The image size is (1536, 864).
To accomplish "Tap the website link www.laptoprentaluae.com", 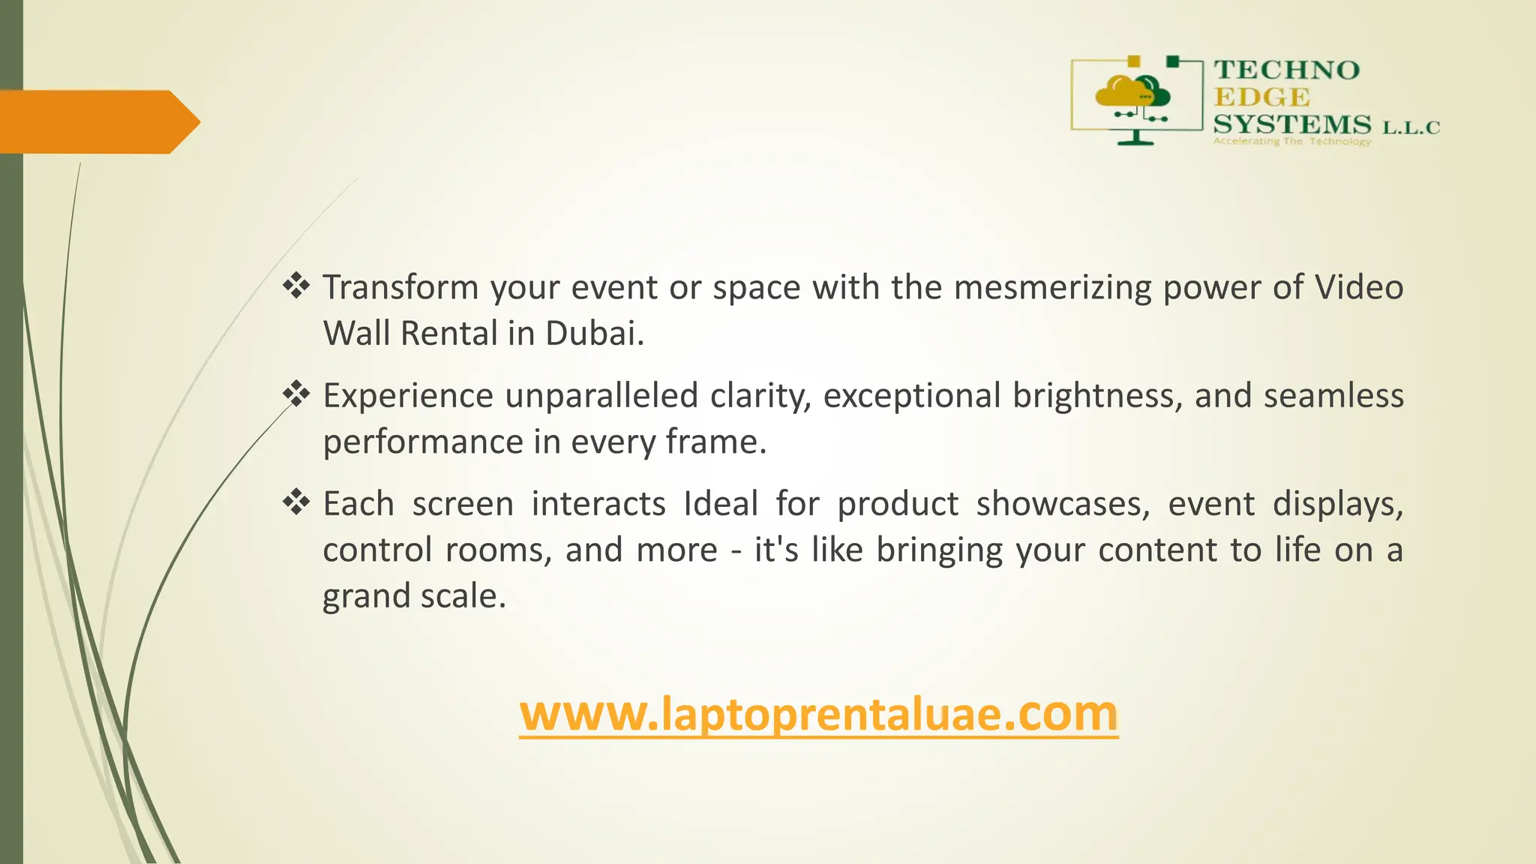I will pyautogui.click(x=818, y=714).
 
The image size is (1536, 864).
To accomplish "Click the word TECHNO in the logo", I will pyautogui.click(x=1286, y=70).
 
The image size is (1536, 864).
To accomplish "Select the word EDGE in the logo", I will pyautogui.click(x=1261, y=97).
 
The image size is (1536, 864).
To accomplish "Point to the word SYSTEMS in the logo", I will pyautogui.click(x=1292, y=124).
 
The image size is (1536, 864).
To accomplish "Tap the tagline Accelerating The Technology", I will pyautogui.click(x=1291, y=142).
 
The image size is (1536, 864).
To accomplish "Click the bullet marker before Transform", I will pyautogui.click(x=296, y=286).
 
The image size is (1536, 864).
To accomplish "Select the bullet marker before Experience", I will pyautogui.click(x=296, y=394).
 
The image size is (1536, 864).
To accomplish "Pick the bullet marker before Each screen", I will pyautogui.click(x=296, y=502).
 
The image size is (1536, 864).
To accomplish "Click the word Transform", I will pyautogui.click(x=400, y=288).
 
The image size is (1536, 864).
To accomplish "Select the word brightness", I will pyautogui.click(x=1097, y=396).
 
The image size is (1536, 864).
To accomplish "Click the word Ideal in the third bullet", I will pyautogui.click(x=721, y=504).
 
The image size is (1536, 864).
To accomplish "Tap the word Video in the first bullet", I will pyautogui.click(x=1358, y=288).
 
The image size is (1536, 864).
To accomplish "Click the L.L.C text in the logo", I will pyautogui.click(x=1411, y=128).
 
